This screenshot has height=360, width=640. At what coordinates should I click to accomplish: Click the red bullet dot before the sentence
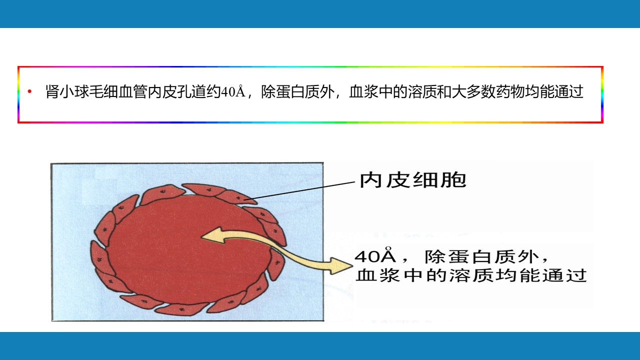pos(29,91)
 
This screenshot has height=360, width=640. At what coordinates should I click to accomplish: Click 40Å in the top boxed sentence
pos(233,91)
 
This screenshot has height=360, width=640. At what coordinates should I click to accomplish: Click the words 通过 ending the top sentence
pos(568,91)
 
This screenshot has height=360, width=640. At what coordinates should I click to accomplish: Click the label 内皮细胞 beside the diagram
pos(413,180)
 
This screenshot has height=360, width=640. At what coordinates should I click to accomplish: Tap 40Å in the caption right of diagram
pos(375,255)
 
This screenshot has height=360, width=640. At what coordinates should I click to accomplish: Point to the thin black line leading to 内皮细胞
pos(299,190)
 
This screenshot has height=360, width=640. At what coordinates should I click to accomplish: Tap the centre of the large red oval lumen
pos(188,250)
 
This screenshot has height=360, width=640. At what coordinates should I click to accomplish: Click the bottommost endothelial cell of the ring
pos(181,309)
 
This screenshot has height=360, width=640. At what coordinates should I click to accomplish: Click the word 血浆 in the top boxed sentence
pos(363,91)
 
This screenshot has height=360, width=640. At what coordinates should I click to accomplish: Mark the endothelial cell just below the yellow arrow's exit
pos(276,265)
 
